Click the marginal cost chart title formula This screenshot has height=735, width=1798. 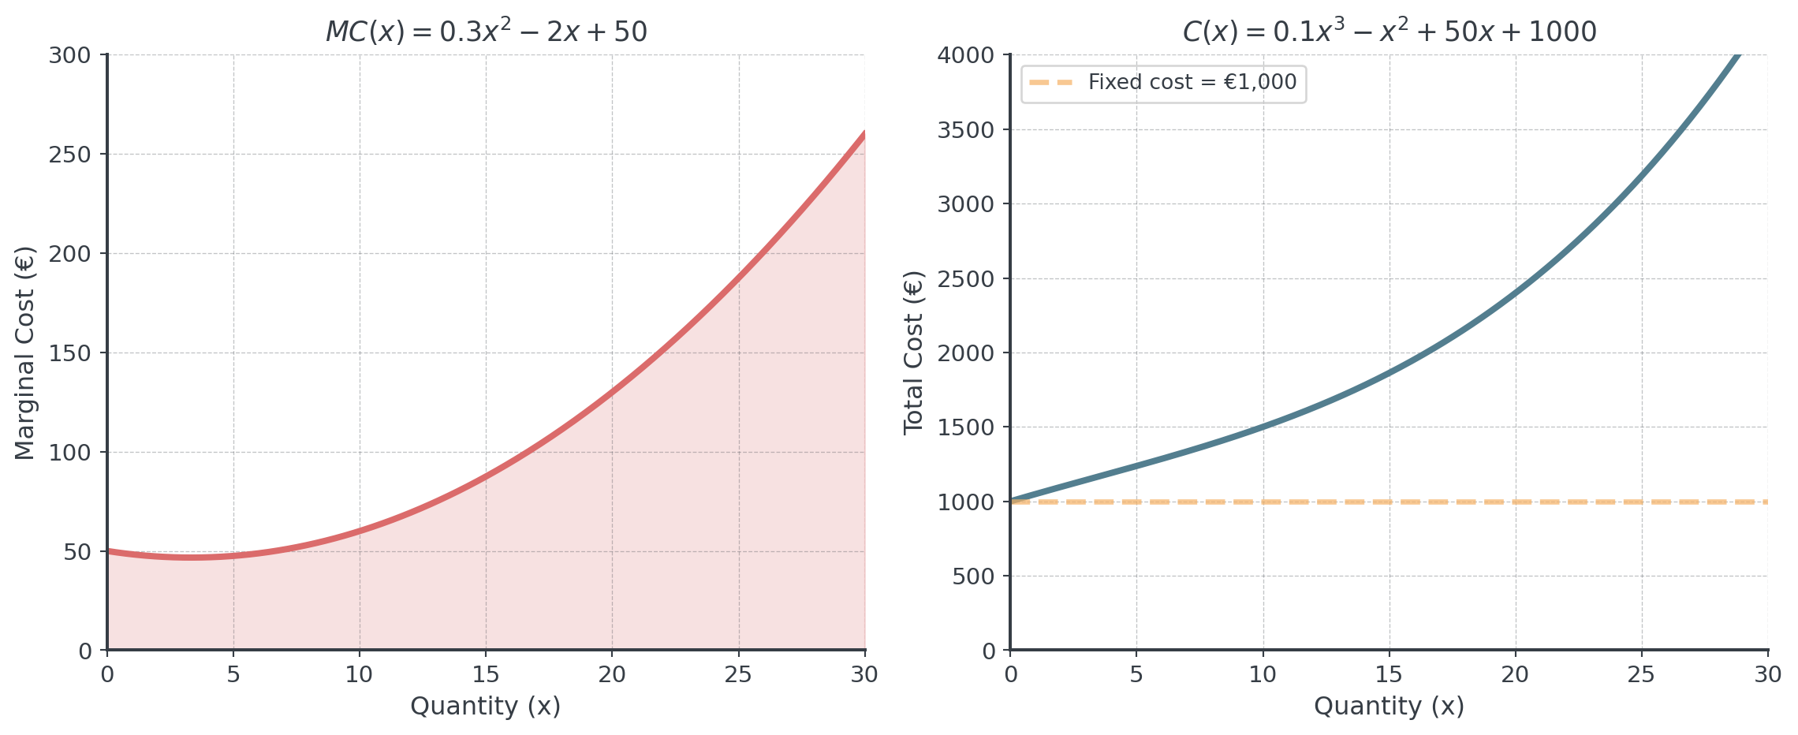486,32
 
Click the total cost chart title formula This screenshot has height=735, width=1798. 1389,32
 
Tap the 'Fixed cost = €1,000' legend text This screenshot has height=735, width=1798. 1192,82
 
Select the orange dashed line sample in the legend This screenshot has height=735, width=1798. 1051,82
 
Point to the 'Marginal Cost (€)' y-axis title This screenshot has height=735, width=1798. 24,353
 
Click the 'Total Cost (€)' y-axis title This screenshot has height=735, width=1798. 913,353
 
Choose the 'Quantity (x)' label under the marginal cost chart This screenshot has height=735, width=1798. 486,705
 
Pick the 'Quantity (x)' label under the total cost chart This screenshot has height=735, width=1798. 1389,705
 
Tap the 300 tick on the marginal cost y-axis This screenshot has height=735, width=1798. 70,55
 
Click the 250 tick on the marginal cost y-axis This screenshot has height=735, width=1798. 70,155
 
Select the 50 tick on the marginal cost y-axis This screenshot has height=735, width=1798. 77,552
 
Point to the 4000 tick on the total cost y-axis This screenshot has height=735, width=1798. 966,55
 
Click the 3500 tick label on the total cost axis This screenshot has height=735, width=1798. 966,130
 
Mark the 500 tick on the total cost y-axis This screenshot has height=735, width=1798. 974,576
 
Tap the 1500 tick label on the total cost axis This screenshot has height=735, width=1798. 966,427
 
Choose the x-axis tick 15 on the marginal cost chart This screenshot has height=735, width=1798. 486,674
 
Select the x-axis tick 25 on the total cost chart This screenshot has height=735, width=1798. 1641,674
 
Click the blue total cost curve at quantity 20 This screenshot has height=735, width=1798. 1515,293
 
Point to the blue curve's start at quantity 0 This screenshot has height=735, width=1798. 1012,500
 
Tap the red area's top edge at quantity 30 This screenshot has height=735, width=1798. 864,130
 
